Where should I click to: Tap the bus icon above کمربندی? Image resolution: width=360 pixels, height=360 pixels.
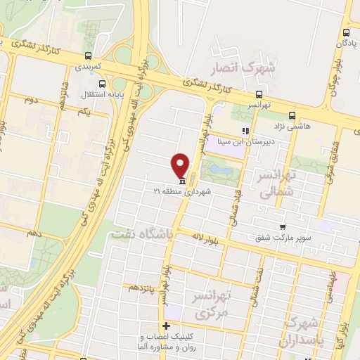pos(88,56)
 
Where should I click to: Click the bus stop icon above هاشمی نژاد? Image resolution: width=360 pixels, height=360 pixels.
pos(292,116)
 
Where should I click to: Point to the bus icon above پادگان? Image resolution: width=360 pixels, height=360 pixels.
pos(345,32)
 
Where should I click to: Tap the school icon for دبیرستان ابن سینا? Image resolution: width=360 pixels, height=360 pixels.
pos(245,131)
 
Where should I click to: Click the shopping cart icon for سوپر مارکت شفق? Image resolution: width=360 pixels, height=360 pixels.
pos(283,227)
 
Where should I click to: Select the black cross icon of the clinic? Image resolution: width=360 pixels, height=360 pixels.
pos(166,326)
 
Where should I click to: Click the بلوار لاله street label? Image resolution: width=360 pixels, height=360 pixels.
pos(202,239)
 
